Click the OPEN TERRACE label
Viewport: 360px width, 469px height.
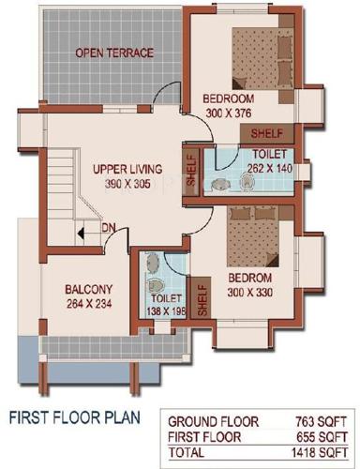pyautogui.click(x=114, y=53)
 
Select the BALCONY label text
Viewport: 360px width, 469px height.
pyautogui.click(x=89, y=289)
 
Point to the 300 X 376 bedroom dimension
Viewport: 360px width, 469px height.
pyautogui.click(x=228, y=113)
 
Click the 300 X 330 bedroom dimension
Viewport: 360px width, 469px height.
pyautogui.click(x=248, y=294)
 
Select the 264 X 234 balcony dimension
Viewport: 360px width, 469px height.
pyautogui.click(x=89, y=303)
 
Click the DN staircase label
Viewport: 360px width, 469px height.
pyautogui.click(x=109, y=227)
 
